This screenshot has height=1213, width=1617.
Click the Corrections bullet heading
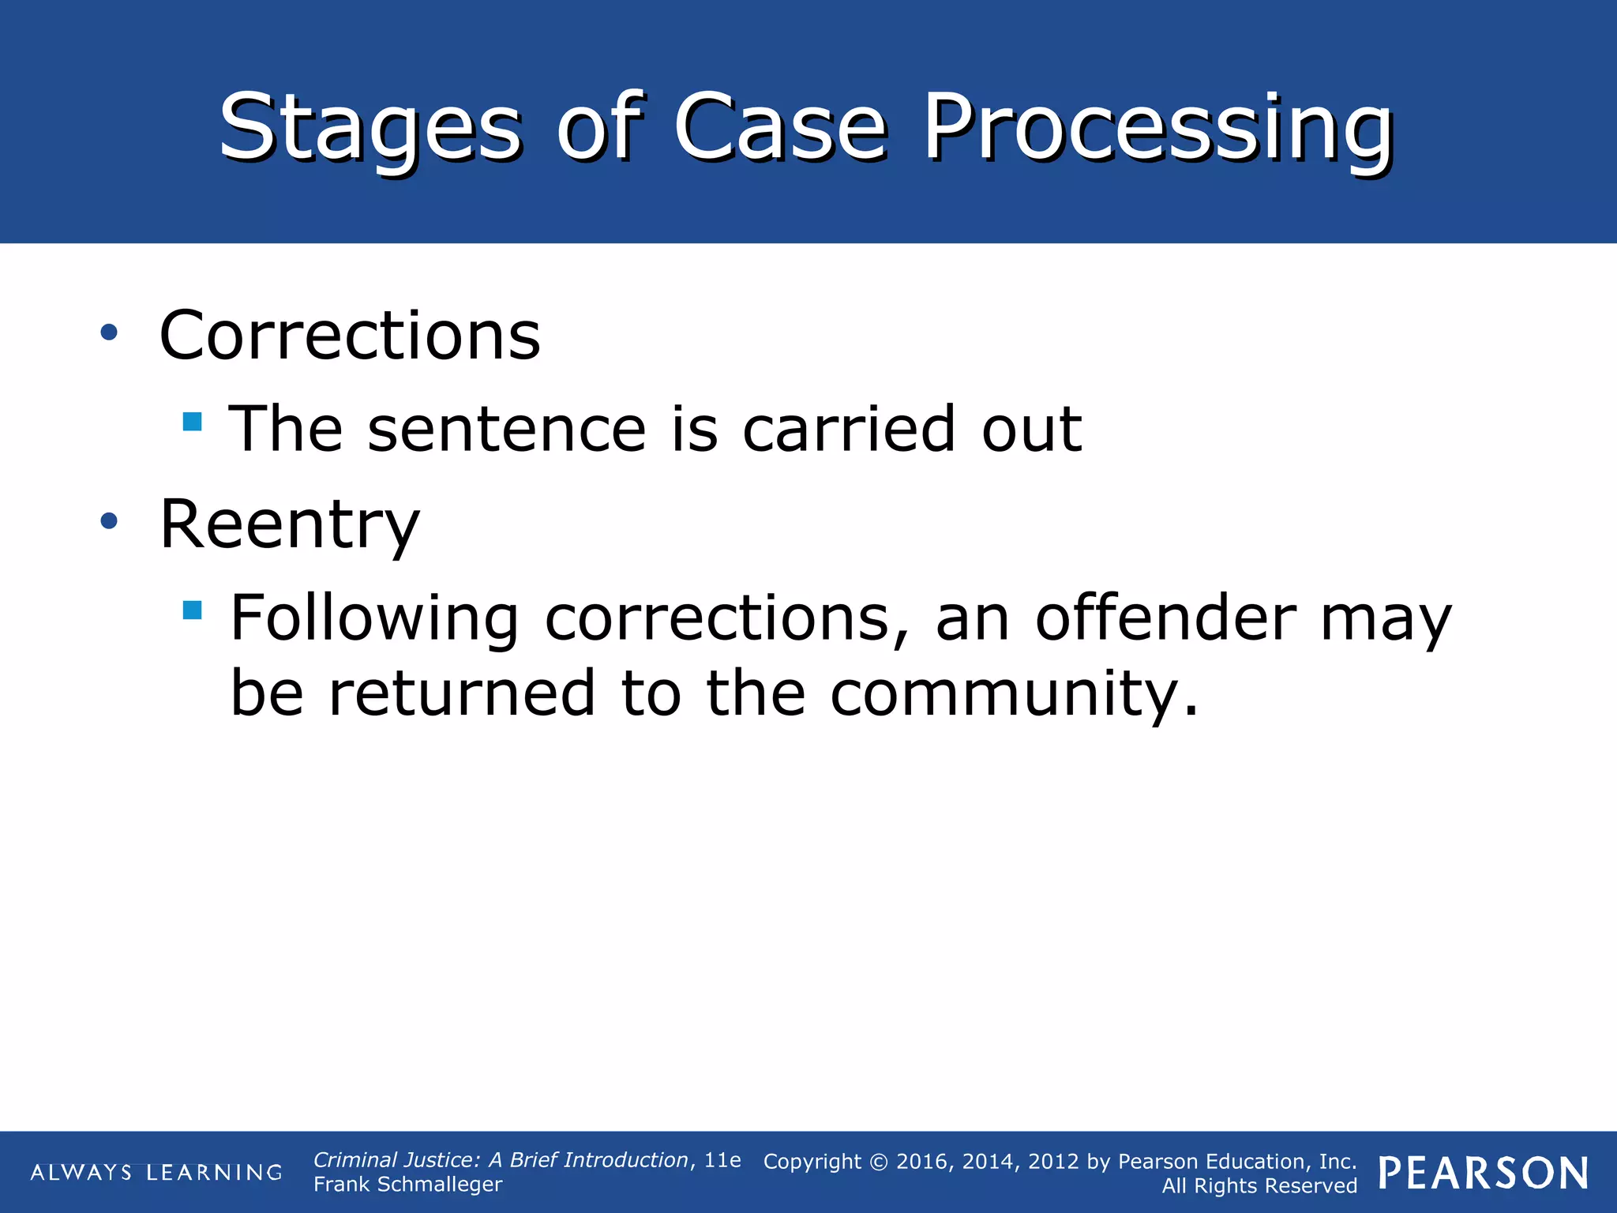click(350, 336)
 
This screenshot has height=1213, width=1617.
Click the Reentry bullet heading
click(289, 525)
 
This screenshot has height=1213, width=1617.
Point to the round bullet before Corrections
click(109, 332)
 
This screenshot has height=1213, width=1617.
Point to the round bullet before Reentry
click(109, 520)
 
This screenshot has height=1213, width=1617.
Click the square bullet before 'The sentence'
click(192, 421)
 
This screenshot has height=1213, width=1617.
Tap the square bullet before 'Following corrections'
click(192, 610)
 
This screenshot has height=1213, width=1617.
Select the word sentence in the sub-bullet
click(507, 430)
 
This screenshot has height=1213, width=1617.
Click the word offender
click(1165, 618)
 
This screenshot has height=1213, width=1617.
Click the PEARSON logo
click(1483, 1174)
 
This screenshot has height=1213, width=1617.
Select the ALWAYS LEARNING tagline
click(156, 1173)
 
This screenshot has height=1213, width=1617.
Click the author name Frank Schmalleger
click(407, 1185)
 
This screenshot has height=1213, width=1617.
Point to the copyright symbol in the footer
click(879, 1162)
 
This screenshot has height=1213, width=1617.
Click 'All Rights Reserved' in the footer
click(1259, 1186)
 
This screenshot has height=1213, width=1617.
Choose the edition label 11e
click(722, 1160)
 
